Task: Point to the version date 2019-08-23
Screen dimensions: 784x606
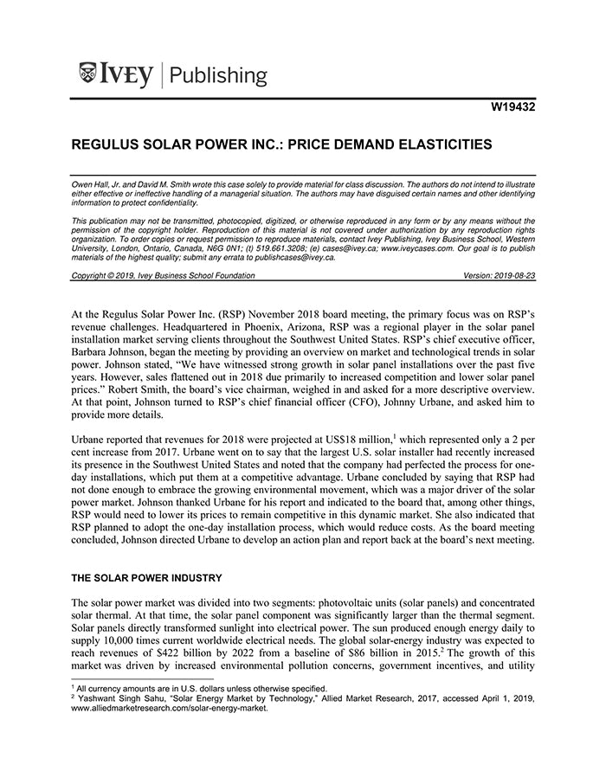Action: pos(513,275)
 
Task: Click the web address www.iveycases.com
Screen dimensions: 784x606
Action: pos(413,247)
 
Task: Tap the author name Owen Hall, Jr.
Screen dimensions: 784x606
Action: pos(97,186)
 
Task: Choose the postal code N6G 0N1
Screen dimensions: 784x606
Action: pos(209,247)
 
